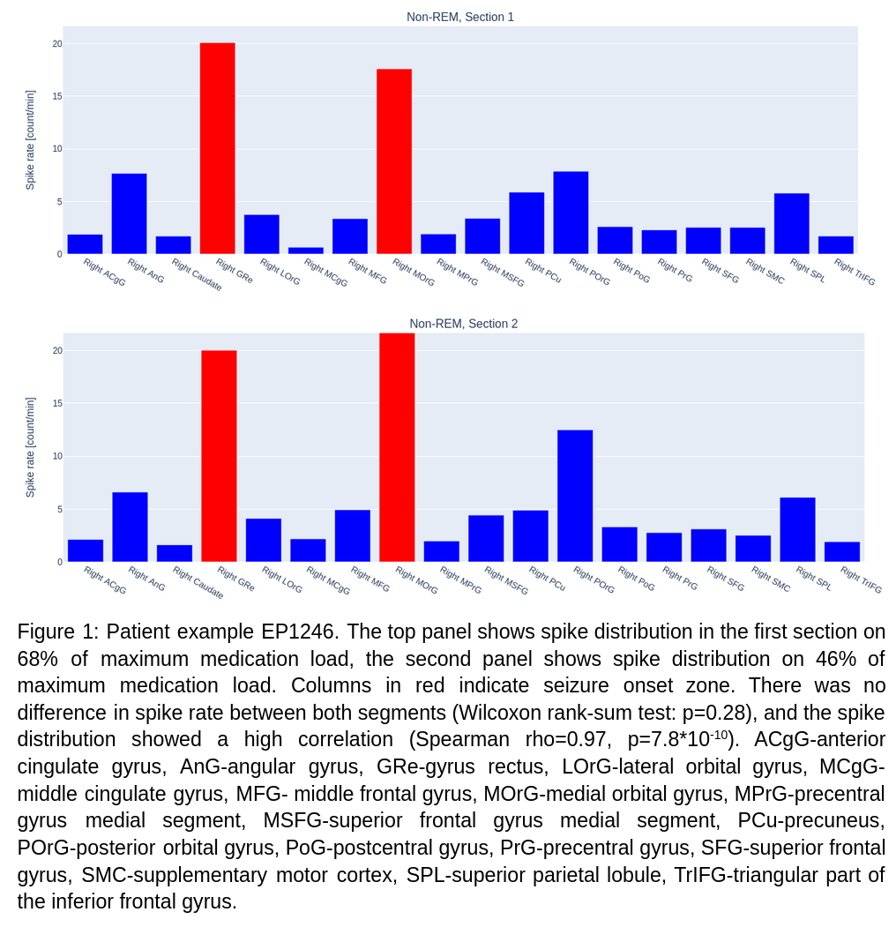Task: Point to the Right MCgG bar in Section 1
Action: click(305, 250)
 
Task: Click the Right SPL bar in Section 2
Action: click(797, 529)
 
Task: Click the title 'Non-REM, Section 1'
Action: click(459, 17)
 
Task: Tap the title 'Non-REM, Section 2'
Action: click(463, 324)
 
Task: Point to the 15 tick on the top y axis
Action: click(57, 96)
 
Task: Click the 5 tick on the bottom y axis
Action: click(60, 509)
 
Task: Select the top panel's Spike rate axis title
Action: click(30, 140)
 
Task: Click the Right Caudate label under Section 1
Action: click(197, 275)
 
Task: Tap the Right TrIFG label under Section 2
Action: click(861, 579)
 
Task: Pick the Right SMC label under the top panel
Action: click(765, 271)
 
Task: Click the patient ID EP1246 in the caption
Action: click(298, 632)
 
